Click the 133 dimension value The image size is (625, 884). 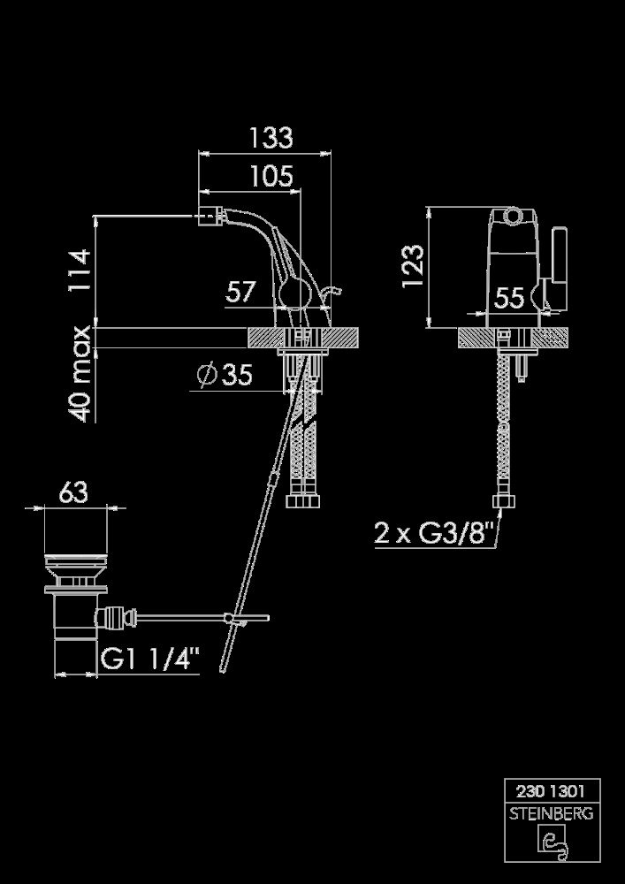tap(271, 138)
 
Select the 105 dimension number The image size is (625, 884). tap(272, 177)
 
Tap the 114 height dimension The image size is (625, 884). tap(80, 270)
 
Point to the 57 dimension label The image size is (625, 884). tap(240, 292)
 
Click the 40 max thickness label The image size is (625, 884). tap(80, 373)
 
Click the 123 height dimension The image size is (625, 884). tap(413, 266)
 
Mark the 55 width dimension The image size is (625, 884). tap(509, 298)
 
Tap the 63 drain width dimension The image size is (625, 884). tap(74, 492)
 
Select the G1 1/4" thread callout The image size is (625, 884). tap(150, 658)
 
